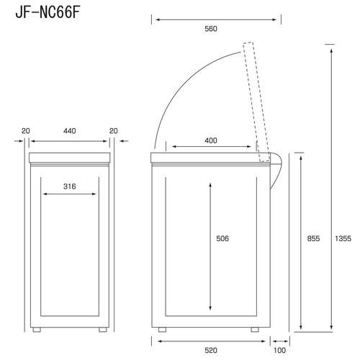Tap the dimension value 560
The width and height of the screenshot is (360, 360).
210,29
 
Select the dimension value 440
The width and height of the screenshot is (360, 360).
70,131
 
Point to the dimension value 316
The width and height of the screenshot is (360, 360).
70,186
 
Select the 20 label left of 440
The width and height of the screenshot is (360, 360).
26,131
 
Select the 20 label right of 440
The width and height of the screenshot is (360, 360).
113,131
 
